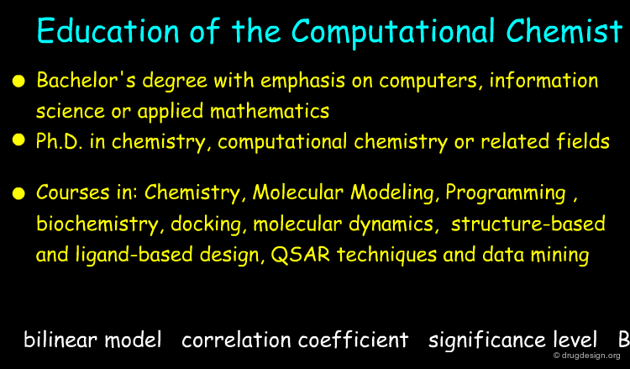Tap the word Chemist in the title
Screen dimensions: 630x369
[564, 31]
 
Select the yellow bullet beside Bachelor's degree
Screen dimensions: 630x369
[18, 81]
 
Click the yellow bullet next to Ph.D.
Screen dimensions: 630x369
[18, 140]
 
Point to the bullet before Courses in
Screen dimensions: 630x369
[18, 193]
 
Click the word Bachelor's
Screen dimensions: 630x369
[86, 80]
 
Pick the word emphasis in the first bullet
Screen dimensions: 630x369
[302, 81]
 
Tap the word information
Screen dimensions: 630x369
[543, 80]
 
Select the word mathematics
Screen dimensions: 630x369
[270, 111]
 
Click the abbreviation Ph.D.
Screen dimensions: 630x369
[60, 141]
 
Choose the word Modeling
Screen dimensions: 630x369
[394, 193]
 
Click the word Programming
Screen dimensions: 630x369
[506, 193]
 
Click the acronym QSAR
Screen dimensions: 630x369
[301, 255]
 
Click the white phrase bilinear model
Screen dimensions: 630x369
[92, 340]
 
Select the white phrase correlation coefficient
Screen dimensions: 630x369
[295, 340]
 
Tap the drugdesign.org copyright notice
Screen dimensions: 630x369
[586, 356]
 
